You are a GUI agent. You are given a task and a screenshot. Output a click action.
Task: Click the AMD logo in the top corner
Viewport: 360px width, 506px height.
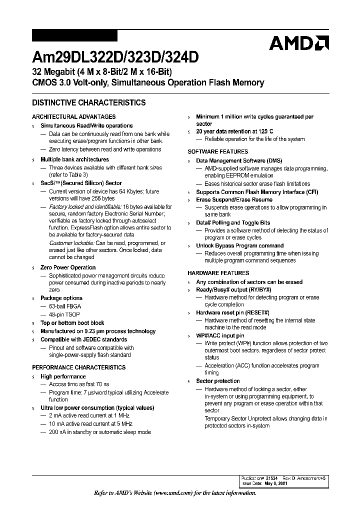click(x=298, y=43)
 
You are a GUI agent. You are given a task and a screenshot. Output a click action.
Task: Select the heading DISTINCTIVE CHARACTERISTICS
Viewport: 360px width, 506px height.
click(x=89, y=103)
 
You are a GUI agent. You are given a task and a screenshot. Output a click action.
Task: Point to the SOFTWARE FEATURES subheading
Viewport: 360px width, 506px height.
click(x=217, y=151)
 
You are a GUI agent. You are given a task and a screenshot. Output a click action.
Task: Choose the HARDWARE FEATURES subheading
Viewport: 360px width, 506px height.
click(x=218, y=273)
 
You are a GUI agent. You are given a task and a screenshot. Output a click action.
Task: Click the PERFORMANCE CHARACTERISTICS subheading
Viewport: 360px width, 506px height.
click(x=79, y=367)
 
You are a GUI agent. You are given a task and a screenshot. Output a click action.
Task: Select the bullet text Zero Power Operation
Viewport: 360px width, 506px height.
click(x=68, y=268)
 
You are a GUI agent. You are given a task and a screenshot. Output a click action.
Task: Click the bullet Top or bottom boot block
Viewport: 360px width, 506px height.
click(x=72, y=323)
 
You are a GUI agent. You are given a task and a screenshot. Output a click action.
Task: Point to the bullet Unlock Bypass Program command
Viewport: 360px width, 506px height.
click(x=239, y=246)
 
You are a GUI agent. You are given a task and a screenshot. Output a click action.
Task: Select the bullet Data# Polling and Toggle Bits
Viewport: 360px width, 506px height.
click(x=233, y=223)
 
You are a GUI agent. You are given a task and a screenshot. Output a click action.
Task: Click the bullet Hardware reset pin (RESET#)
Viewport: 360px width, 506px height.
click(x=232, y=312)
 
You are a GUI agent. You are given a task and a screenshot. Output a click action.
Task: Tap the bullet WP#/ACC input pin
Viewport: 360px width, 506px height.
click(x=220, y=336)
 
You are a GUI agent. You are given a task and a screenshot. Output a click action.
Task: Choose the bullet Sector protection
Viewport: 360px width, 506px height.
click(x=218, y=381)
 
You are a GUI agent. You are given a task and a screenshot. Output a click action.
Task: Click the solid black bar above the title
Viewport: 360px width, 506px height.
click(x=74, y=35)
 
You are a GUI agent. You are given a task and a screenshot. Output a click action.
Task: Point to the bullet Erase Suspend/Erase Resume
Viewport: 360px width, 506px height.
click(x=234, y=200)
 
